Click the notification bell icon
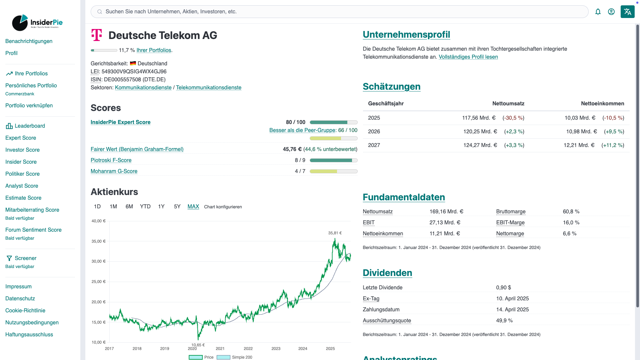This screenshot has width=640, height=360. tap(598, 12)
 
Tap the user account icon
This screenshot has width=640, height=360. tap(611, 12)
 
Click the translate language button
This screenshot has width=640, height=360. tap(627, 12)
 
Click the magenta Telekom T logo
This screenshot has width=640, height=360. tap(97, 35)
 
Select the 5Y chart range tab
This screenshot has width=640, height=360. tap(177, 207)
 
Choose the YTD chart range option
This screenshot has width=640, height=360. tap(145, 207)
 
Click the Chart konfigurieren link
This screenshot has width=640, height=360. tap(223, 207)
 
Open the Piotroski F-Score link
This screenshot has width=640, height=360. tap(111, 160)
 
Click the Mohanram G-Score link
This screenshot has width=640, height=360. tap(114, 171)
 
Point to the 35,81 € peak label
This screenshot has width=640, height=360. tap(335, 233)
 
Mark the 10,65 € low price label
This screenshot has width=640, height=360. tap(198, 345)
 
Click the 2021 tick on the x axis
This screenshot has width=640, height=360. tap(220, 349)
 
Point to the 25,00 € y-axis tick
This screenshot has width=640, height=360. tap(98, 282)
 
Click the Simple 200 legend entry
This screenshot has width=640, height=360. tap(235, 357)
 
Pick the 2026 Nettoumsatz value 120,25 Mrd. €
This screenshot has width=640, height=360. tap(480, 132)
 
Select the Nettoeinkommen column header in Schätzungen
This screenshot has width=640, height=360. tap(602, 104)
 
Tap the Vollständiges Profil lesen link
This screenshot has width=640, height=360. tap(468, 57)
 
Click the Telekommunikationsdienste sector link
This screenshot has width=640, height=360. tap(208, 88)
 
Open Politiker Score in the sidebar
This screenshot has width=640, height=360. tap(22, 174)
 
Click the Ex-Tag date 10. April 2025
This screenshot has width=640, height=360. tap(512, 299)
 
